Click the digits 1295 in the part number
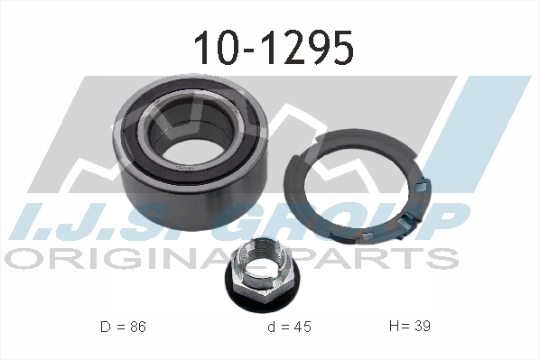click(x=302, y=49)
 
